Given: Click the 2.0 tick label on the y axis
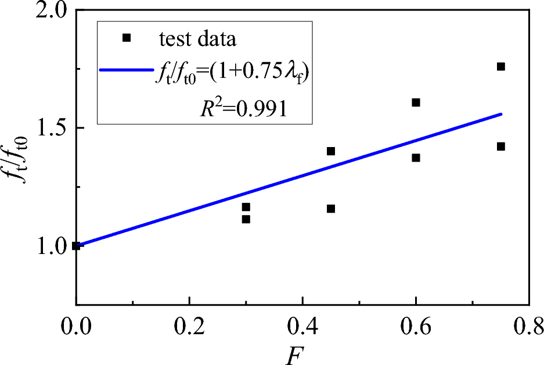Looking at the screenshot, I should click(45, 12).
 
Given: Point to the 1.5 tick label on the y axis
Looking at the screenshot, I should click(45, 128).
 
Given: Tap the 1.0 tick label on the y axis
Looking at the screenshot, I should click(45, 245).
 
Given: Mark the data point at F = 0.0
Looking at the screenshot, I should click(76, 246).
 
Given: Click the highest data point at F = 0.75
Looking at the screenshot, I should click(501, 66).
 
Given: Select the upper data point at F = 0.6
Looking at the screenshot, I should click(416, 102).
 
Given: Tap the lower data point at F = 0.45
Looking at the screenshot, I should click(331, 209).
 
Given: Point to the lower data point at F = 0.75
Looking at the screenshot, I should click(501, 146).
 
